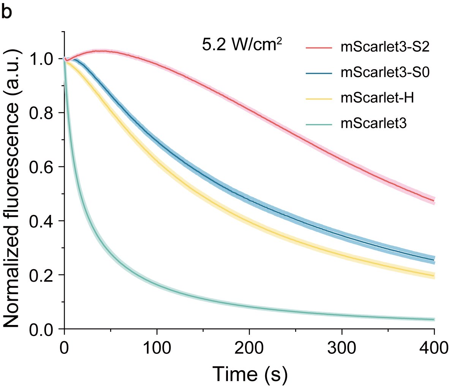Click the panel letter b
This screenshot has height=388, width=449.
7,12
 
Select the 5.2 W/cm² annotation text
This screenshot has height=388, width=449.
242,46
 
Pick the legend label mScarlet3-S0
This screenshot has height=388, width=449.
385,73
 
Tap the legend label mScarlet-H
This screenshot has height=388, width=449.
377,98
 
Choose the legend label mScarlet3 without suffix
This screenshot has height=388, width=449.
374,123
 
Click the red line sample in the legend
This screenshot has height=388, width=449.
319,47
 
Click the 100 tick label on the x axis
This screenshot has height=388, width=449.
157,348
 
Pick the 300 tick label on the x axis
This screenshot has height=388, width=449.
341,348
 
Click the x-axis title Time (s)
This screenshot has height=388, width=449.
250,374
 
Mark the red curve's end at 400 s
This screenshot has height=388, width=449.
434,200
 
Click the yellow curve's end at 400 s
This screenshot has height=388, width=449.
434,275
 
